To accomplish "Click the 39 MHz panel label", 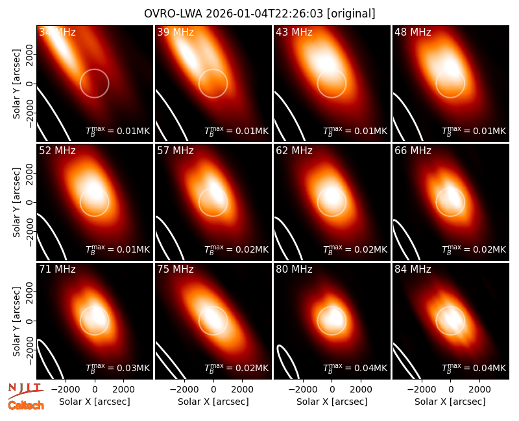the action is click(x=175, y=32).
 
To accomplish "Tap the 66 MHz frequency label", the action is click(x=413, y=151).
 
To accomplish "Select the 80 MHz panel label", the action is click(x=294, y=269).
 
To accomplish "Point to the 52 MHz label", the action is click(x=57, y=151).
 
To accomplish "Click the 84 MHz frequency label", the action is click(x=413, y=269).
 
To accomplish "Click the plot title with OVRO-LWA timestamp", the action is click(x=259, y=14).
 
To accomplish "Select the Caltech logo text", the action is click(x=26, y=405).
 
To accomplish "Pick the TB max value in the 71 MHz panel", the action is click(x=118, y=368).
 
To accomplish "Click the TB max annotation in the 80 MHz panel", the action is click(x=355, y=368).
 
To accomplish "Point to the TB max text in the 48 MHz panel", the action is click(x=474, y=131).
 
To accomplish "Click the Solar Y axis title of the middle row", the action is click(x=16, y=202).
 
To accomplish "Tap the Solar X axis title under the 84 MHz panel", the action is click(x=450, y=402).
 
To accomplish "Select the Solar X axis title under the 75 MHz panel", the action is click(x=213, y=402).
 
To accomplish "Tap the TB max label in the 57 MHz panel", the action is click(x=236, y=249).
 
